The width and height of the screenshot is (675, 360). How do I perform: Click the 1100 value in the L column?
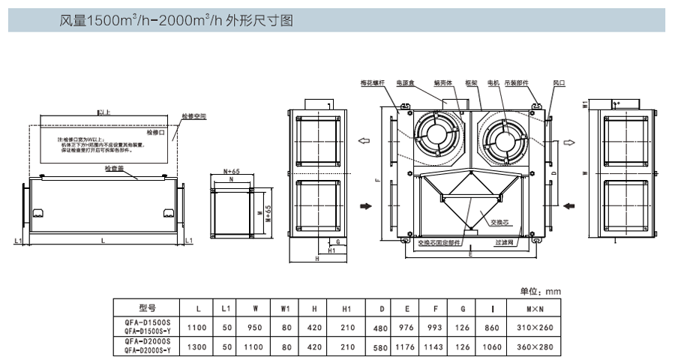(197, 328)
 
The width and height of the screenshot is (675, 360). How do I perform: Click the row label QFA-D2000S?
(147, 341)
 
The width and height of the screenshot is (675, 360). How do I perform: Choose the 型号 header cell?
(147, 308)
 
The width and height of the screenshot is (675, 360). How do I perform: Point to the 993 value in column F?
(436, 328)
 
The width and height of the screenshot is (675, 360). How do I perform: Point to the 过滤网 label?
(504, 242)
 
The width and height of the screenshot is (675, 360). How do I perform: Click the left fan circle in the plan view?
(436, 135)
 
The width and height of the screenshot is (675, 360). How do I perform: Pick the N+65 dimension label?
(231, 172)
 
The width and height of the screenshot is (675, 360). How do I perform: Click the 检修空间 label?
(193, 117)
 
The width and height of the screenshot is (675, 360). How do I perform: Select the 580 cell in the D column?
(382, 347)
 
